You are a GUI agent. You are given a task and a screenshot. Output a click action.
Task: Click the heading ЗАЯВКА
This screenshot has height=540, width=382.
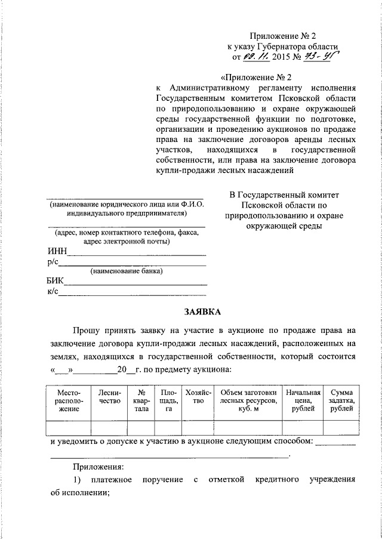(202, 311)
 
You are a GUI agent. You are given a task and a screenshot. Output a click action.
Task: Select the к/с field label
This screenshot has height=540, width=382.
(52, 291)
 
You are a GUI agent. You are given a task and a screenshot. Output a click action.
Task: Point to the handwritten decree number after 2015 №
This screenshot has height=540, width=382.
(319, 57)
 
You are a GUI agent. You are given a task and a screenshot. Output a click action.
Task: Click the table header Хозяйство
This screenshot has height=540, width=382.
(195, 397)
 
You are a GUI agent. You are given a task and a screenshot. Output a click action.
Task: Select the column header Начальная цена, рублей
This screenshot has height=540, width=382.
(303, 401)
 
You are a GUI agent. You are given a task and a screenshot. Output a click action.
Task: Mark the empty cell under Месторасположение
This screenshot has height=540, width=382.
(68, 428)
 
